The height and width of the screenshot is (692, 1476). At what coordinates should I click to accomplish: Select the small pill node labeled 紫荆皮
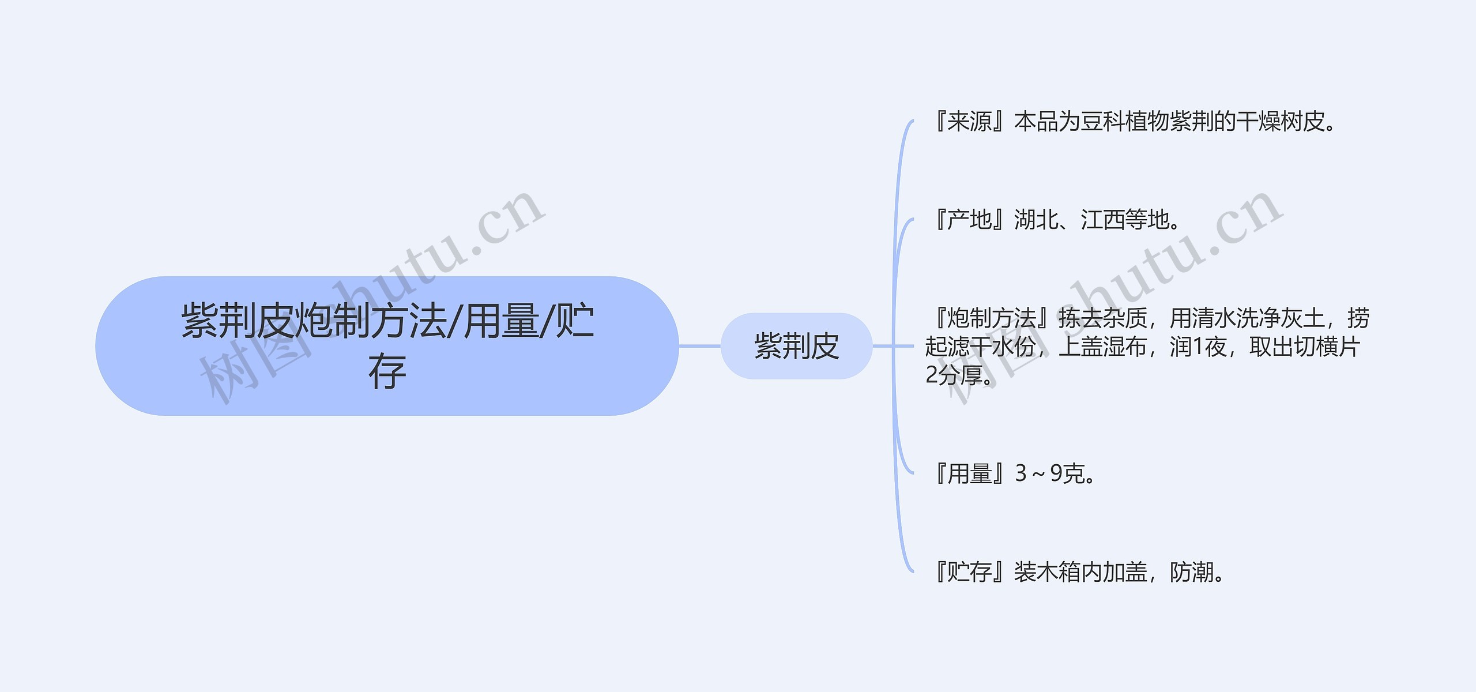796,346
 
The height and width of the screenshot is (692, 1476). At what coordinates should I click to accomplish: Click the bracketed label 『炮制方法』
992,318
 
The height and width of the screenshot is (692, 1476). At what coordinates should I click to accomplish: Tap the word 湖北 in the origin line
1036,220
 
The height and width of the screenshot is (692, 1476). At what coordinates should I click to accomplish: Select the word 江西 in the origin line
1102,220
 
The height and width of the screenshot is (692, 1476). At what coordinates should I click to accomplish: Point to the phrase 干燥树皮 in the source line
1280,122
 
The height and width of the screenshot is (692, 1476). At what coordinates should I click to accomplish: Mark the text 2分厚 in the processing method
954,375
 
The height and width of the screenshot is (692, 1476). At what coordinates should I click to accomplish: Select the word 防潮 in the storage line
1192,572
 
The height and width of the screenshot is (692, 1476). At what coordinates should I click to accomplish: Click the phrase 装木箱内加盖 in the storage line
1080,572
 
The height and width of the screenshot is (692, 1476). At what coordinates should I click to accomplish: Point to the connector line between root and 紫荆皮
699,346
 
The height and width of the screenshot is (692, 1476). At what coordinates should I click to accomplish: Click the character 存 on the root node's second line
387,372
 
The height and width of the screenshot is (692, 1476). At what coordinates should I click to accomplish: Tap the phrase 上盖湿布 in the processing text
1103,347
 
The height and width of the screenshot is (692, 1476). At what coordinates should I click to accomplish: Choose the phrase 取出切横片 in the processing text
1304,347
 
